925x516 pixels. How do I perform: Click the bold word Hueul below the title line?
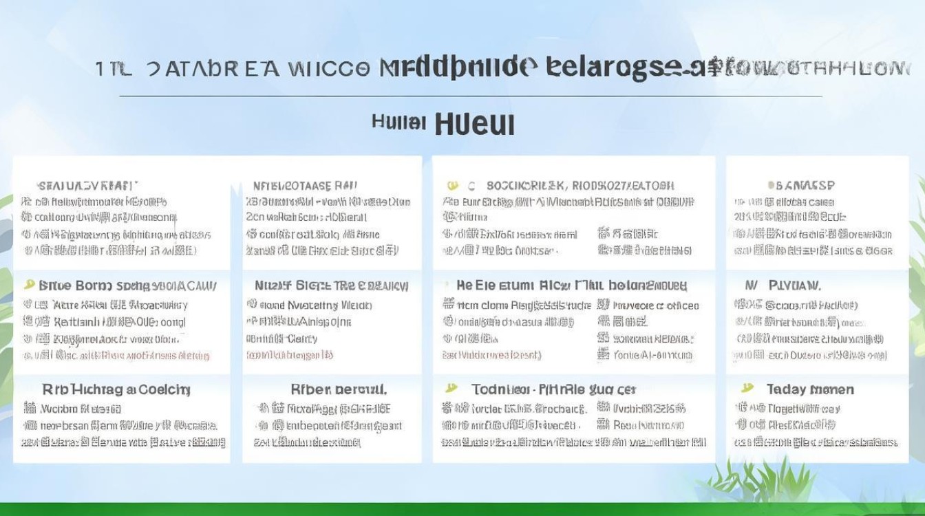pyautogui.click(x=475, y=124)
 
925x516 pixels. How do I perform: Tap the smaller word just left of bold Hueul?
pyautogui.click(x=398, y=122)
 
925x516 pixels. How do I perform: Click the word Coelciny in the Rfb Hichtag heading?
pyautogui.click(x=164, y=389)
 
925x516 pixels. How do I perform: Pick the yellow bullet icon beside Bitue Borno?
pyautogui.click(x=29, y=284)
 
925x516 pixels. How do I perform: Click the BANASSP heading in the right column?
pyautogui.click(x=801, y=185)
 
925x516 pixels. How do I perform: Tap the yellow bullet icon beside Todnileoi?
pyautogui.click(x=451, y=389)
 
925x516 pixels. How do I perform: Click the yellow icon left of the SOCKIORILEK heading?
pyautogui.click(x=452, y=185)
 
